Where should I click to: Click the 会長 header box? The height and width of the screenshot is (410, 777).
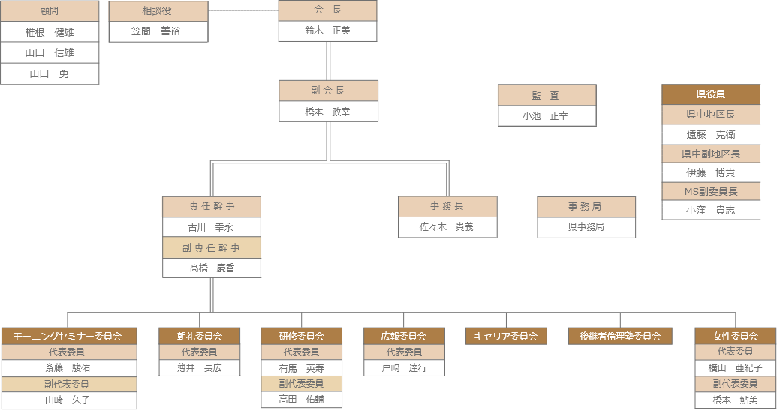[x=327, y=10]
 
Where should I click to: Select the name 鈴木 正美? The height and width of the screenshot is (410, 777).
[x=327, y=31]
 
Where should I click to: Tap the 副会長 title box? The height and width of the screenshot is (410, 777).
[x=328, y=91]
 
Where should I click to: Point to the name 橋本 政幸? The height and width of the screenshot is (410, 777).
[x=328, y=111]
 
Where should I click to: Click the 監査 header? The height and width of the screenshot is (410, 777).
[x=547, y=95]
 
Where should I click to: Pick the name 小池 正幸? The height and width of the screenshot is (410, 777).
[x=547, y=115]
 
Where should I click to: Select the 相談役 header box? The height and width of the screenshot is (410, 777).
[x=158, y=11]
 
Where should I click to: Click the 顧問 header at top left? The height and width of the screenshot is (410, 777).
[x=50, y=11]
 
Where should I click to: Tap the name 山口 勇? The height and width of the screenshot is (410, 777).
[x=50, y=73]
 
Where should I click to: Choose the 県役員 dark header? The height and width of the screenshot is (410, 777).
[x=711, y=94]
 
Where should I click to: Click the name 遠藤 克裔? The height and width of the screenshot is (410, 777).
[x=711, y=134]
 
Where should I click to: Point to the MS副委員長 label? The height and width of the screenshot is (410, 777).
[x=711, y=191]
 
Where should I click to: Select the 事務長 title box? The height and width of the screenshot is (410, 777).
[x=447, y=206]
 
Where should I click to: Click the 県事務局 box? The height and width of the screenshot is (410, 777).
[x=586, y=226]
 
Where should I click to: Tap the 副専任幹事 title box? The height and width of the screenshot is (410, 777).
[x=212, y=247]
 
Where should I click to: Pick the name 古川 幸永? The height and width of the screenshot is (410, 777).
[x=212, y=226]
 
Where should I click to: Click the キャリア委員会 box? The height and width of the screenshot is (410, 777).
[x=505, y=336]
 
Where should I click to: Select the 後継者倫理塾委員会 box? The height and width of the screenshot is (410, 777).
[x=619, y=336]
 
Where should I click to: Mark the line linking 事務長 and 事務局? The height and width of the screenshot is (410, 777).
[x=516, y=217]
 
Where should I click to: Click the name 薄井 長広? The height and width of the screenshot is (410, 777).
[x=199, y=367]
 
